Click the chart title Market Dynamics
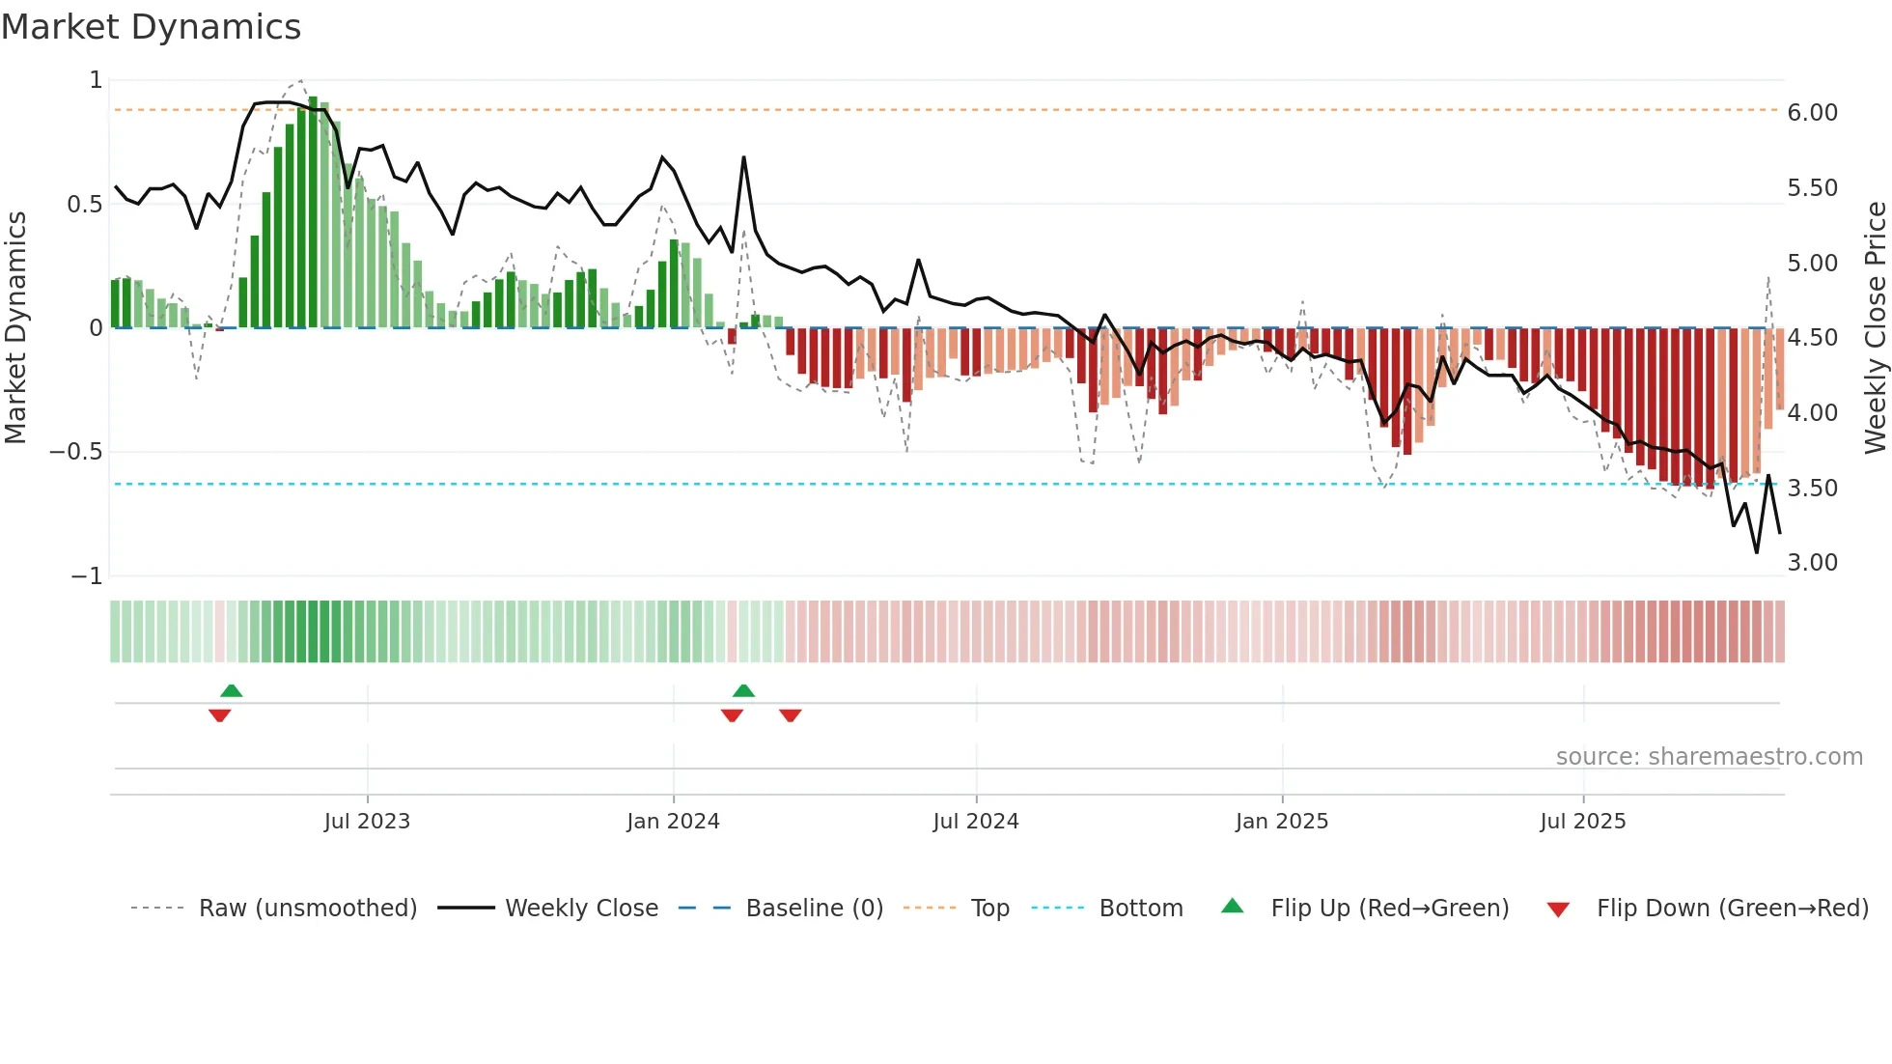click(x=151, y=27)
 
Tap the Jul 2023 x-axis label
click(x=367, y=822)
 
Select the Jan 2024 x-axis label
click(x=673, y=822)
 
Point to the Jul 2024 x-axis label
click(x=975, y=822)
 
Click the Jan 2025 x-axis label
click(x=1281, y=822)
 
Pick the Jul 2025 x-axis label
click(x=1582, y=822)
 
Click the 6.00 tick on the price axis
click(x=1812, y=113)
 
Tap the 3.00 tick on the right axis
click(x=1812, y=563)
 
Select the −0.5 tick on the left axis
click(x=75, y=452)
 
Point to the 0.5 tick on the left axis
click(x=84, y=205)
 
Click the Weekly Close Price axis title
click(x=1875, y=327)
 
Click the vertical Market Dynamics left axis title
click(x=15, y=327)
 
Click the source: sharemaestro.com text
click(x=1709, y=757)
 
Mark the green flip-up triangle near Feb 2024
click(x=743, y=690)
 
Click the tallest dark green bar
click(x=313, y=212)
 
